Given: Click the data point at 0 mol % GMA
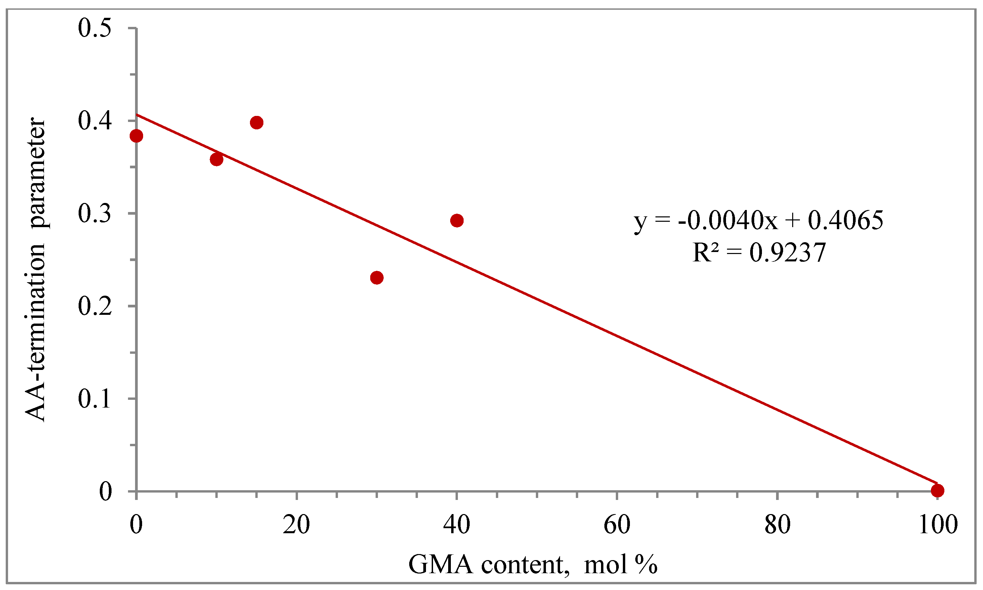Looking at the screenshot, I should (136, 136).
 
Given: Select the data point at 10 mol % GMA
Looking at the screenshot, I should (216, 159).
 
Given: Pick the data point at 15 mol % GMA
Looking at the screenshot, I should (257, 122).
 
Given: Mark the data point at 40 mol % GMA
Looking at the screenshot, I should (457, 220).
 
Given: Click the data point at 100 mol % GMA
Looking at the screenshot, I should (937, 491).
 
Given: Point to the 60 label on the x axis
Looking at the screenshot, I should (616, 525).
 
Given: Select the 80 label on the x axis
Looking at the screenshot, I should (777, 525).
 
